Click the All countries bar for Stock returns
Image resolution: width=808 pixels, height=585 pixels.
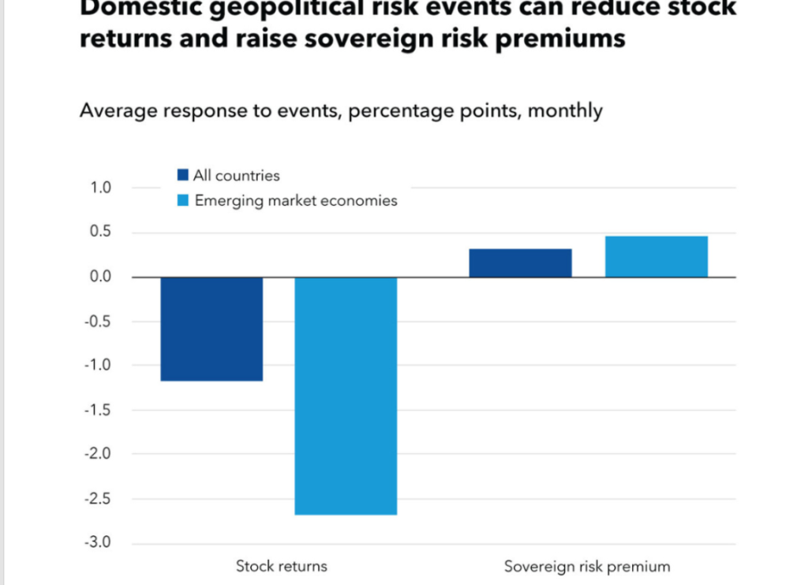(x=211, y=329)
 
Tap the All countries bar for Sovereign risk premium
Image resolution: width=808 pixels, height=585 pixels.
(x=520, y=263)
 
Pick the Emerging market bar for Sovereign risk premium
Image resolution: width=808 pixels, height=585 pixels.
(x=656, y=257)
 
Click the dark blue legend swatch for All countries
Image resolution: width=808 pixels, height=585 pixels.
(x=183, y=175)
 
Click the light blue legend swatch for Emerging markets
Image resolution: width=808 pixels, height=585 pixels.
(x=183, y=200)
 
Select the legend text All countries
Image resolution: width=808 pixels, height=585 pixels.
(x=237, y=175)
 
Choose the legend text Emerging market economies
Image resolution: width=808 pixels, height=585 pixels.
(x=296, y=200)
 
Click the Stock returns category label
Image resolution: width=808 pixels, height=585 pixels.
(x=281, y=566)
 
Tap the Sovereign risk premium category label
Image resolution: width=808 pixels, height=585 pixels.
(x=586, y=566)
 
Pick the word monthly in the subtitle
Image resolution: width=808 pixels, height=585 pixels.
(x=564, y=110)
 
